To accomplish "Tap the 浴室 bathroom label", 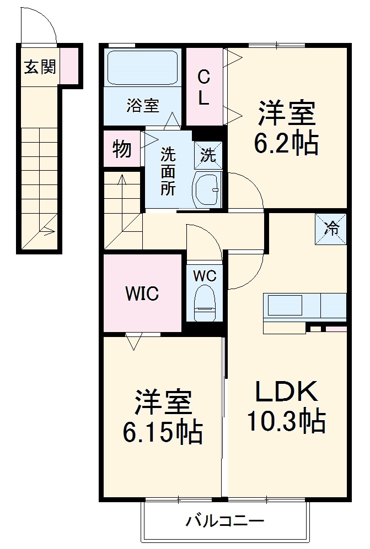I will coord(143,105).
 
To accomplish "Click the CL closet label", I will coord(203,87).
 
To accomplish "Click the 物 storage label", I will coord(122,149).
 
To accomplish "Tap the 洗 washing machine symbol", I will coord(207,155).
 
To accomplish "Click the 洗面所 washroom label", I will coord(168,172).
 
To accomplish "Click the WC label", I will coord(203,275).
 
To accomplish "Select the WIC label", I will coord(141,293).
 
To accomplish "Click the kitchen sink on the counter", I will coord(285,305).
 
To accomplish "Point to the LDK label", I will coord(286,392).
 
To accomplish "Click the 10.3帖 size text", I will coord(286,421).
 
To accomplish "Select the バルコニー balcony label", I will coord(224,520).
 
